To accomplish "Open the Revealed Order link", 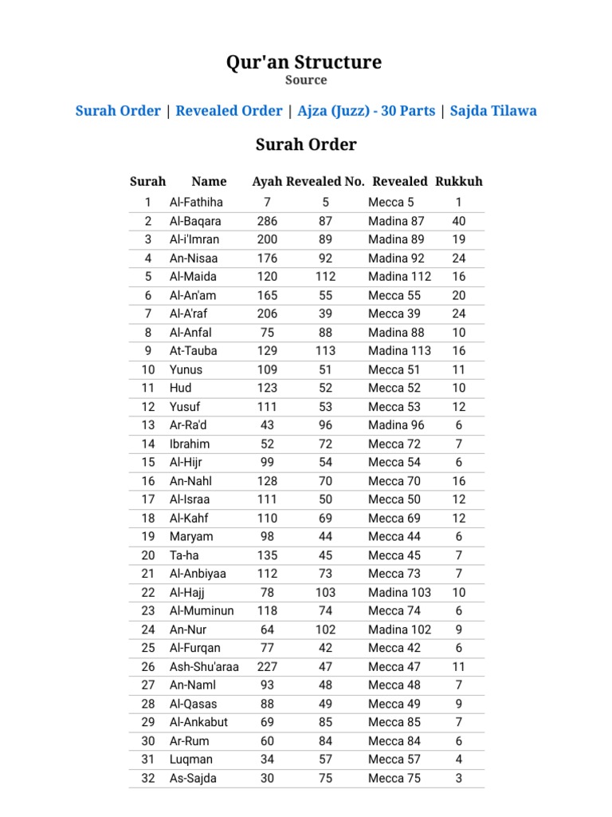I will tap(229, 111).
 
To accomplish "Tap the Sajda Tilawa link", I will tap(493, 111).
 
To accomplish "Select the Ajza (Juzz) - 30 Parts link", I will tap(367, 111).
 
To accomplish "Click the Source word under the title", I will tap(306, 81).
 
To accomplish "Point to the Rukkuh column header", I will tap(459, 181).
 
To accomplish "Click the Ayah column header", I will tap(267, 181).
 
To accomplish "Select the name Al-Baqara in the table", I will tap(195, 221).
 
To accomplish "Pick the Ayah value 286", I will tap(268, 221).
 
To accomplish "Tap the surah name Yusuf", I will tap(186, 407).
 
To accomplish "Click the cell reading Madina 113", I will tap(399, 351).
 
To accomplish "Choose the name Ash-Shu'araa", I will tap(204, 667).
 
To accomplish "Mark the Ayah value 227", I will tap(268, 667).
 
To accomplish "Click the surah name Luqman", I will tap(191, 760).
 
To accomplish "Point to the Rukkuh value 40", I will tap(459, 221).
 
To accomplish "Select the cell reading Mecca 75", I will tap(394, 778).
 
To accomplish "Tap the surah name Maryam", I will tap(191, 537).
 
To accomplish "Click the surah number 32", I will tap(148, 778).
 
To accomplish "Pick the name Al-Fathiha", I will tap(196, 203).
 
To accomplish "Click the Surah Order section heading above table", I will tap(306, 145).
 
